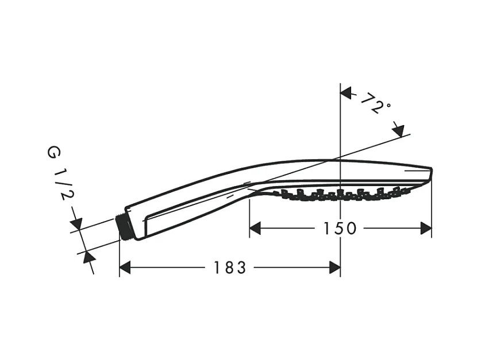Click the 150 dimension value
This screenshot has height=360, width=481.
(340, 229)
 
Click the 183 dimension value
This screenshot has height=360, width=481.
(230, 268)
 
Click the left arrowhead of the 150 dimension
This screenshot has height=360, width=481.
(255, 229)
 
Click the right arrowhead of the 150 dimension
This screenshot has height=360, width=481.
(426, 229)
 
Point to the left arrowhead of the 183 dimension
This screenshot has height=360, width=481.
(125, 268)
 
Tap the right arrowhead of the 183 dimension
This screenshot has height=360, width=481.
(334, 268)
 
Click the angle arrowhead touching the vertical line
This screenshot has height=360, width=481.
(346, 93)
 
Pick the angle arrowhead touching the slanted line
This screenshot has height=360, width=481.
(398, 131)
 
